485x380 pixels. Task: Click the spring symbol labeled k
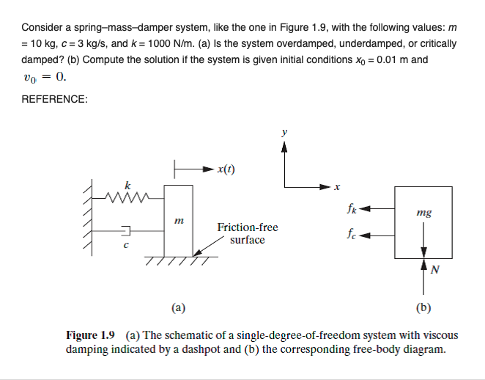click(130, 196)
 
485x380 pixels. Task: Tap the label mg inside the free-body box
click(423, 213)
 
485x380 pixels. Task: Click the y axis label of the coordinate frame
click(285, 133)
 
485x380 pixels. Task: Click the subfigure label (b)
click(423, 307)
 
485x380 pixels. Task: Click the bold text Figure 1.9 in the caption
click(91, 335)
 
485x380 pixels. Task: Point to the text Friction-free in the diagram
click(248, 227)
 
